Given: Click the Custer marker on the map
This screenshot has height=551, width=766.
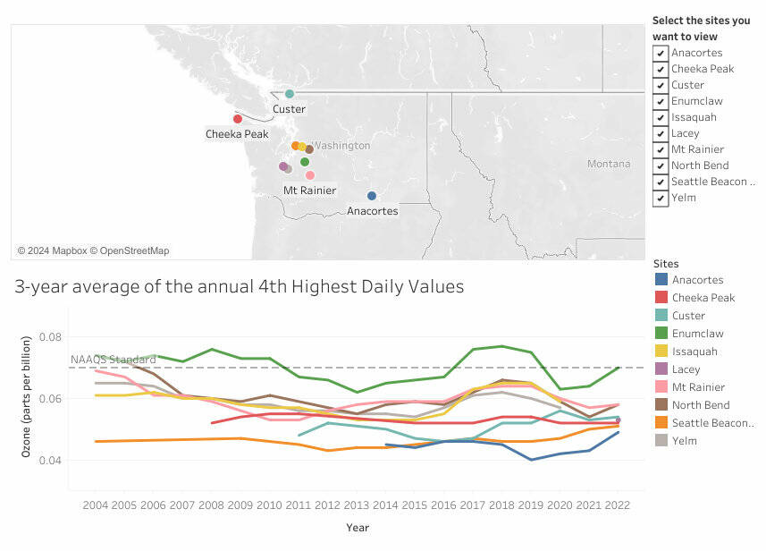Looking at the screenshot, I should pyautogui.click(x=289, y=94).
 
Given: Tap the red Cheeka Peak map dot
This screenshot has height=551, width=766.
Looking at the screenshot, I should pyautogui.click(x=238, y=119).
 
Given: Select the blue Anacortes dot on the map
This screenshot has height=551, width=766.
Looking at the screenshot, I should pyautogui.click(x=372, y=196).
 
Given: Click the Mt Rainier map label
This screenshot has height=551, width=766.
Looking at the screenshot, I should pyautogui.click(x=309, y=191).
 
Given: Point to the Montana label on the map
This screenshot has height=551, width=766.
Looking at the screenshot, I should pyautogui.click(x=609, y=164).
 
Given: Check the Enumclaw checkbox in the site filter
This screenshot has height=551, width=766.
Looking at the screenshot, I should pyautogui.click(x=661, y=101).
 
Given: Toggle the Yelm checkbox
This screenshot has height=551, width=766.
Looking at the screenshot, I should pyautogui.click(x=661, y=198).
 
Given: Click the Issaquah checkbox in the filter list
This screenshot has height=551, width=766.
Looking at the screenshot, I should pyautogui.click(x=661, y=117).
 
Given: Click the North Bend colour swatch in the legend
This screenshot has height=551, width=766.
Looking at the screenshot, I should pyautogui.click(x=661, y=405).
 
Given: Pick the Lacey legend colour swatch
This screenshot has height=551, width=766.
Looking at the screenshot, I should pyautogui.click(x=661, y=369).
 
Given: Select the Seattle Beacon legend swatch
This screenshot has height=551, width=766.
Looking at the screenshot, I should pyautogui.click(x=661, y=423).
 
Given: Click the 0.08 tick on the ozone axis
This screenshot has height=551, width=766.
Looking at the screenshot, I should pyautogui.click(x=52, y=337).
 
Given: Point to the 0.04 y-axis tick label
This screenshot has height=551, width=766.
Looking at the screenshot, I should pyautogui.click(x=52, y=461).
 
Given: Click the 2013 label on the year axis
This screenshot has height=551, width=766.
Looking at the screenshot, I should pyautogui.click(x=357, y=505).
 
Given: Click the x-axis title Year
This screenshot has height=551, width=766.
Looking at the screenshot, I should pyautogui.click(x=358, y=528).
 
